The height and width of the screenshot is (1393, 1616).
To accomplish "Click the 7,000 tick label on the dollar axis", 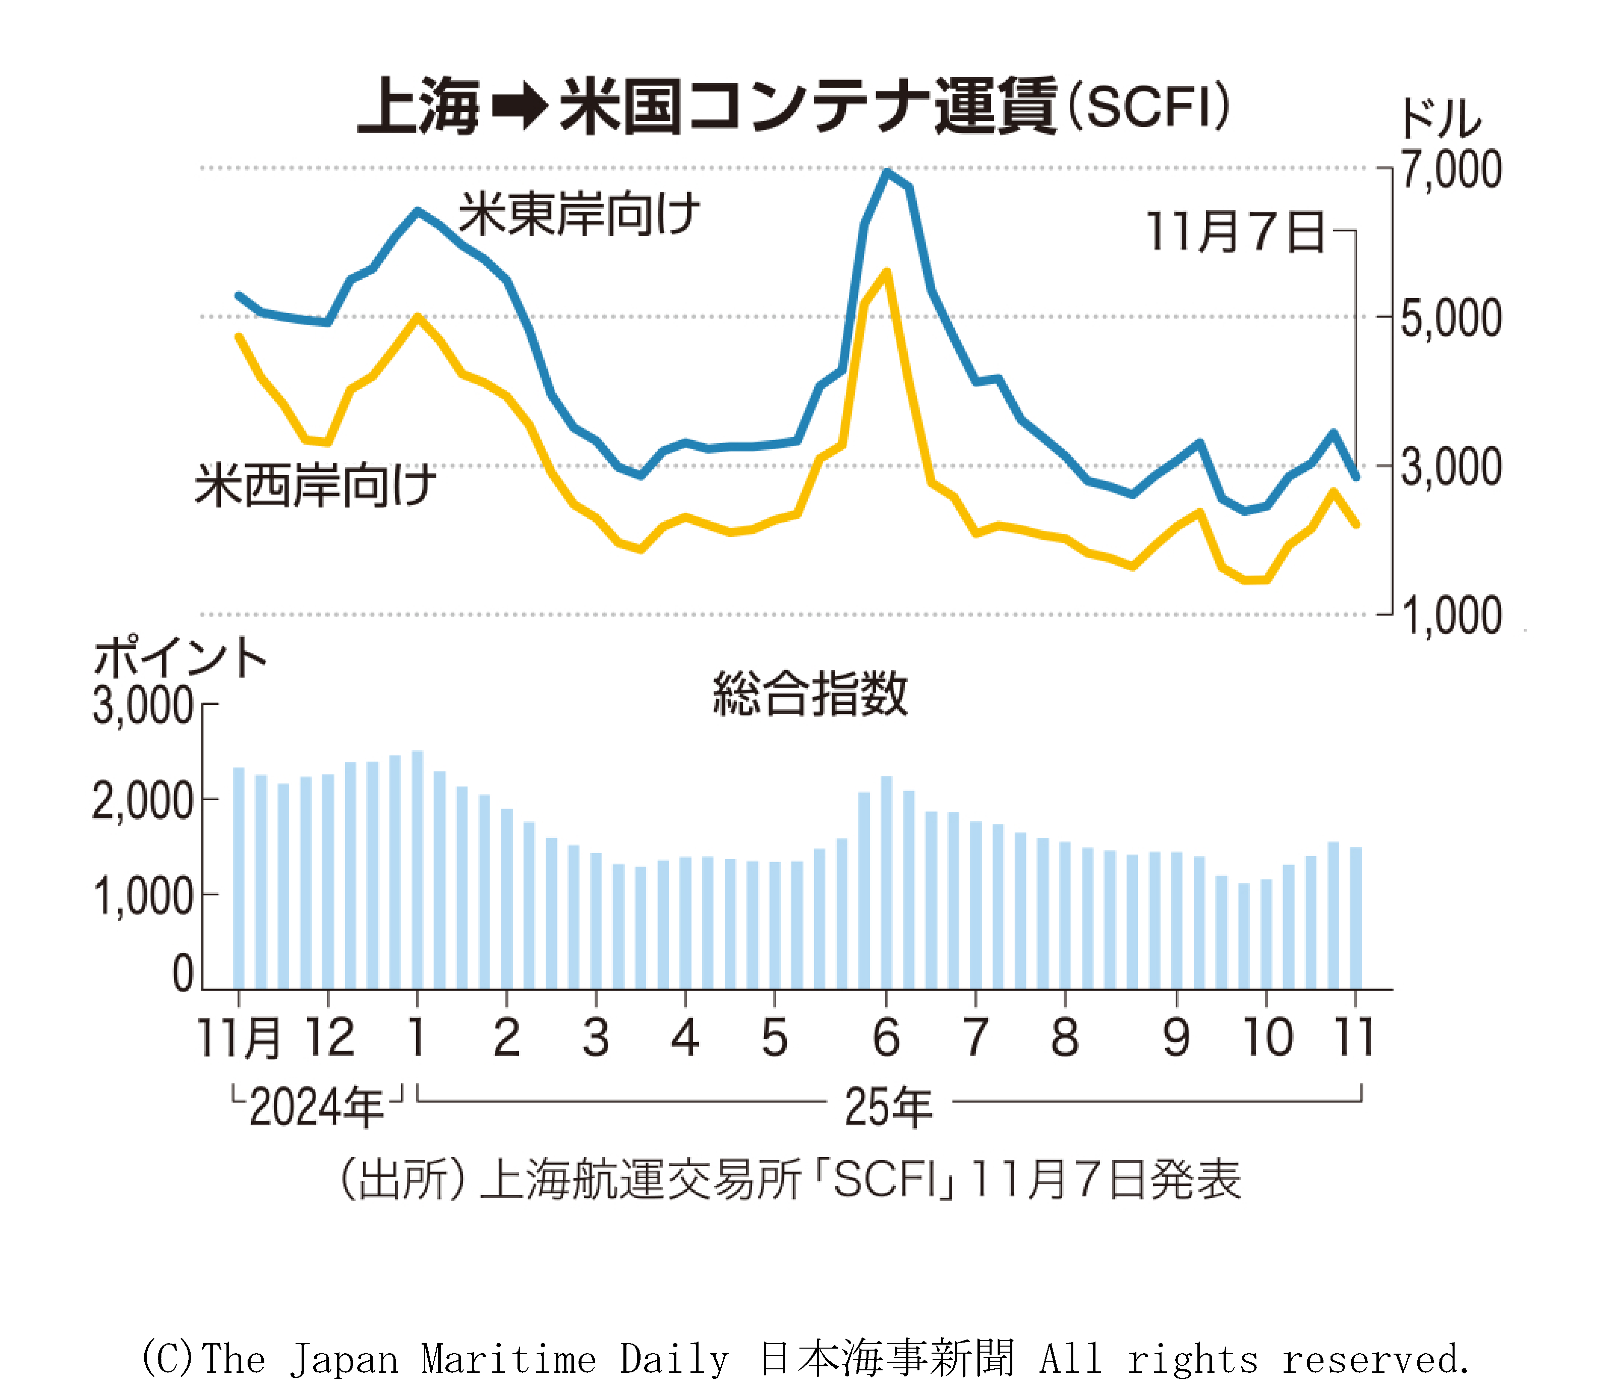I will [1450, 170].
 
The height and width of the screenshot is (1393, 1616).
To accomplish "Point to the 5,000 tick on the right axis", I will [1450, 318].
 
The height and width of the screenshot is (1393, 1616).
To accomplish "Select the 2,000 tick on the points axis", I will [143, 801].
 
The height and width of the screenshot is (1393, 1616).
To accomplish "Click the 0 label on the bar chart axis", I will [183, 974].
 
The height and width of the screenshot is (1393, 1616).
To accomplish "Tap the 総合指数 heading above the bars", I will [810, 693].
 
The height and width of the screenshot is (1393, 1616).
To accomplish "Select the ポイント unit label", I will [180, 657].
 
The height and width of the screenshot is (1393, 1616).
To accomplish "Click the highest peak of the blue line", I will [887, 171].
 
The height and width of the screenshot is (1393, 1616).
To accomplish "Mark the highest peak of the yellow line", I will [887, 272].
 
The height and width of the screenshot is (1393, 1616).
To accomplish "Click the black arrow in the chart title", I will [520, 107].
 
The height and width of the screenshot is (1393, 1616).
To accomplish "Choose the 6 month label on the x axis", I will [886, 1038].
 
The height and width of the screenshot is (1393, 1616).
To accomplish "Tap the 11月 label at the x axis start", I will [238, 1038].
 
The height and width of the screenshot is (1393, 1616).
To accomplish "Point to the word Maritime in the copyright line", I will [508, 1359].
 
